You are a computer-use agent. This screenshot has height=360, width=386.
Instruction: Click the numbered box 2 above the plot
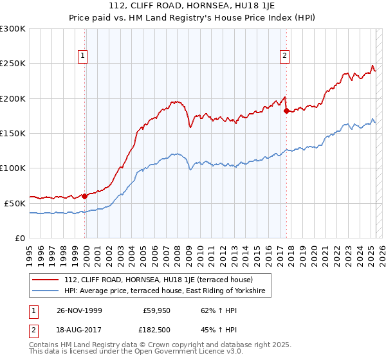click(x=284, y=56)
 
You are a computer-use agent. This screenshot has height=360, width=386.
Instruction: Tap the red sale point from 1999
click(x=84, y=197)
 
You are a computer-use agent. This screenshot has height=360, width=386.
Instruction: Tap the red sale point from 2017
click(x=286, y=111)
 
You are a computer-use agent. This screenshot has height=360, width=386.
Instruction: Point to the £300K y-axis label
click(x=13, y=29)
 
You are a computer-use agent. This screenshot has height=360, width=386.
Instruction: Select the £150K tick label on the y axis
click(x=13, y=133)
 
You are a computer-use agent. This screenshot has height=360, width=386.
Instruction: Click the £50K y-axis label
click(x=15, y=203)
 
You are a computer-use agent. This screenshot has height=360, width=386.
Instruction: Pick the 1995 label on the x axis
click(x=30, y=251)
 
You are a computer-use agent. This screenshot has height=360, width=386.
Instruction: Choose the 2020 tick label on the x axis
click(x=313, y=251)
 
